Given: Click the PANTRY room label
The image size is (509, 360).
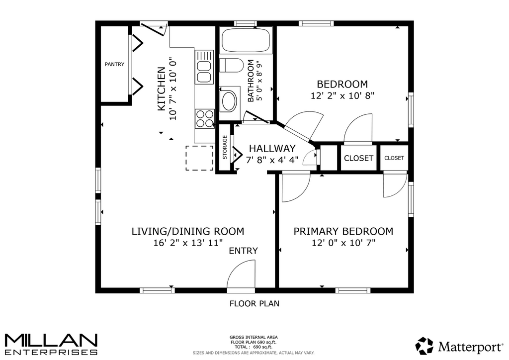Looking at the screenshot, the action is pyautogui.click(x=114, y=64).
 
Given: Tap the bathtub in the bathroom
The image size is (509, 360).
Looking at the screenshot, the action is pyautogui.click(x=246, y=40).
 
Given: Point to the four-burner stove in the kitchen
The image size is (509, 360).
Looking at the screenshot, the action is pyautogui.click(x=205, y=118).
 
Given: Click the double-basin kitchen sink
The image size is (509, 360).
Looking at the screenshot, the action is pyautogui.click(x=204, y=67).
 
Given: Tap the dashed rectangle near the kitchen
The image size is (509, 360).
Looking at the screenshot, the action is pyautogui.click(x=199, y=158).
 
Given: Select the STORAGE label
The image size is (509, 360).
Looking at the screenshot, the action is pyautogui.click(x=225, y=147).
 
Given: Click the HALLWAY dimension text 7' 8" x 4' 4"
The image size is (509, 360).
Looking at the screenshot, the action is pyautogui.click(x=272, y=160).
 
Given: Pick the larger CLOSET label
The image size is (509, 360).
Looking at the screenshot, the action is pyautogui.click(x=358, y=158).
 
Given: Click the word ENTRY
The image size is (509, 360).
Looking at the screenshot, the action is pyautogui.click(x=243, y=251).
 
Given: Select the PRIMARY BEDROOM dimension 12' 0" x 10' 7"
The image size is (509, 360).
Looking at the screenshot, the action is pyautogui.click(x=343, y=243).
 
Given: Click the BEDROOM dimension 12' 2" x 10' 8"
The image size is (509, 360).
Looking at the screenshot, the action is pyautogui.click(x=342, y=95).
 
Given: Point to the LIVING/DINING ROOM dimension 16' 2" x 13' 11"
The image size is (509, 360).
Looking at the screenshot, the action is pyautogui.click(x=188, y=243).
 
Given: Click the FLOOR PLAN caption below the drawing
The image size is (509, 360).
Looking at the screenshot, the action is pyautogui.click(x=254, y=303).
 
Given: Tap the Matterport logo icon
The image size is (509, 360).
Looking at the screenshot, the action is pyautogui.click(x=424, y=346).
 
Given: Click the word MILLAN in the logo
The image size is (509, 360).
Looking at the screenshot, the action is pyautogui.click(x=51, y=341).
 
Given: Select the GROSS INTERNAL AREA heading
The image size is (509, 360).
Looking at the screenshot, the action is pyautogui.click(x=254, y=337).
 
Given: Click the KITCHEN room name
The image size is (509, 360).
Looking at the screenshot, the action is pyautogui.click(x=162, y=89).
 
